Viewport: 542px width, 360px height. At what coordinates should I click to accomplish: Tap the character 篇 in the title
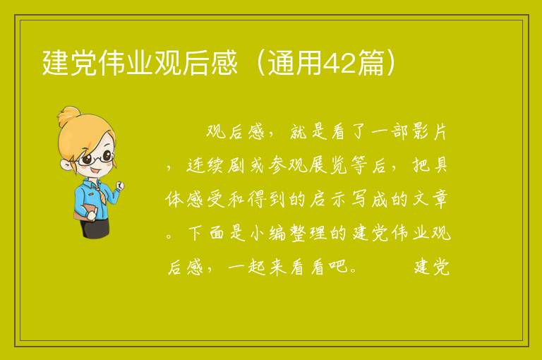coord(371,63)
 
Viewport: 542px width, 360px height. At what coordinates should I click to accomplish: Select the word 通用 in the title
coord(295,63)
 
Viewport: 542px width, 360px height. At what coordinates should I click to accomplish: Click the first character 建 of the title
coord(55,63)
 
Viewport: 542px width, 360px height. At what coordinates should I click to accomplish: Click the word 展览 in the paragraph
coord(327,165)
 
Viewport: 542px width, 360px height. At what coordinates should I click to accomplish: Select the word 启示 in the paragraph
coord(327,199)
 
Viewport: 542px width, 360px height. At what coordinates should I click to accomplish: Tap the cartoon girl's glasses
coord(95,157)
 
